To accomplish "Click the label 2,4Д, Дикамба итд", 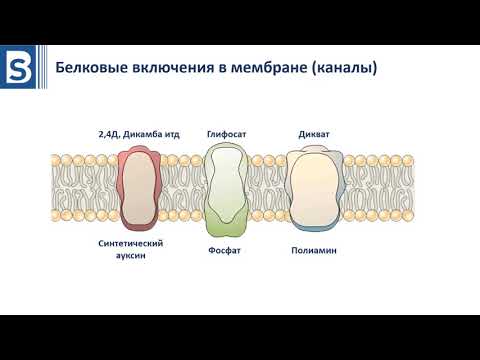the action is (x=140, y=134).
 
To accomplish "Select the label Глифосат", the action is (x=226, y=134).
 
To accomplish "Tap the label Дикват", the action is (x=313, y=134).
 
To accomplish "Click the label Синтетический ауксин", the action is (x=131, y=249).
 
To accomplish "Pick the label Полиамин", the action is (x=313, y=250).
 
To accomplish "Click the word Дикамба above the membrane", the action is (x=143, y=134).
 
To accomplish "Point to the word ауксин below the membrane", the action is (x=131, y=256).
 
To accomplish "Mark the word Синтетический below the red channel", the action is (x=131, y=243).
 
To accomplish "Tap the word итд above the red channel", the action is (x=174, y=134).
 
